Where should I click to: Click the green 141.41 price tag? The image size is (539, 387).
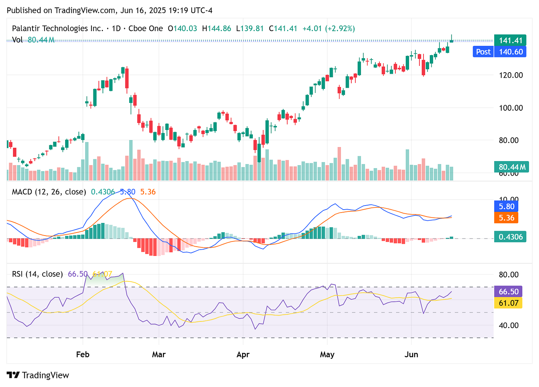[510, 41]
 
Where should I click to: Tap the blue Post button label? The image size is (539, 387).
[483, 52]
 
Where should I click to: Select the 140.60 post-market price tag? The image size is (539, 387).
[510, 52]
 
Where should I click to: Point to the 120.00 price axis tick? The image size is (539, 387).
[510, 75]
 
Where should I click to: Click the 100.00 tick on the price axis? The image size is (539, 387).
[510, 108]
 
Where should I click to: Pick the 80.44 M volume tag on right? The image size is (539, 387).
[512, 167]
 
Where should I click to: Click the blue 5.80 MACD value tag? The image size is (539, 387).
[506, 206]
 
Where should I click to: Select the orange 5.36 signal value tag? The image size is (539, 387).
[506, 218]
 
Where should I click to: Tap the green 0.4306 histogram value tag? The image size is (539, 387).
[511, 237]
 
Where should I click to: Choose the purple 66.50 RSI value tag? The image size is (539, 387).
[508, 292]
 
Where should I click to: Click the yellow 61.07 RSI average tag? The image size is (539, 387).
[508, 303]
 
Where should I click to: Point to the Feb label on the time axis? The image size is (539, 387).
[83, 354]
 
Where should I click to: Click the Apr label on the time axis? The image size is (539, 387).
[243, 354]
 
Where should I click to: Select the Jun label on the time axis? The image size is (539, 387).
[411, 354]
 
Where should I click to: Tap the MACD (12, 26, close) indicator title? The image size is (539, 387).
[49, 192]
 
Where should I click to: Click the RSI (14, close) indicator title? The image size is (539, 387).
[37, 274]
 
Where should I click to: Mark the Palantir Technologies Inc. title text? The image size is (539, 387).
[57, 29]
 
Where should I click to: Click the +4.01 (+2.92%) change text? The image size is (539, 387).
[328, 29]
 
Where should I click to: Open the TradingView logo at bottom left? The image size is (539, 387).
[38, 375]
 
